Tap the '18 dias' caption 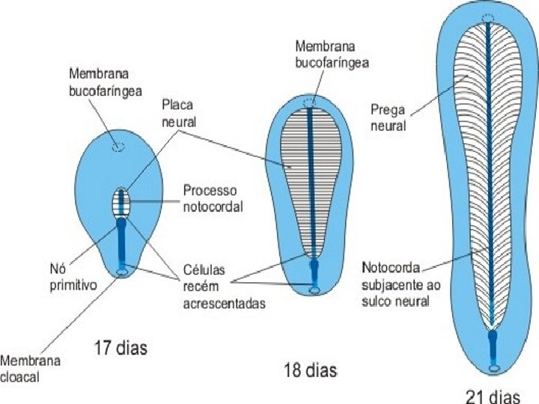(x=310, y=369)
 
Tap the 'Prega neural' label (x=388, y=118)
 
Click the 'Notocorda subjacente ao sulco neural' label (x=395, y=284)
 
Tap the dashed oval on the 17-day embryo (x=117, y=147)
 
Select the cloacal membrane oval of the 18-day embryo (x=314, y=290)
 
